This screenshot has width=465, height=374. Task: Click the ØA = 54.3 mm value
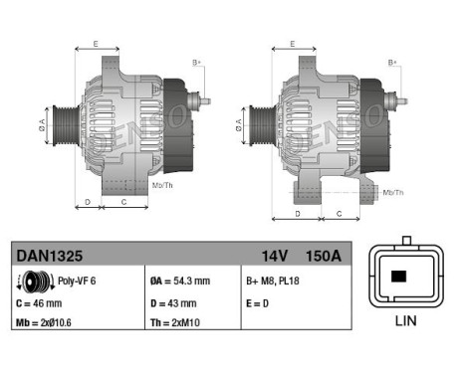(180, 281)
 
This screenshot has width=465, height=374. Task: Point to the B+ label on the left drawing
(196, 64)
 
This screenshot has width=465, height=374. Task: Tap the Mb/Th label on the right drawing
(393, 191)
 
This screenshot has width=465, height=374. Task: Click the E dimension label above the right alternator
(291, 45)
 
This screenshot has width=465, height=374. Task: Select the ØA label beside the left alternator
(43, 123)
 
